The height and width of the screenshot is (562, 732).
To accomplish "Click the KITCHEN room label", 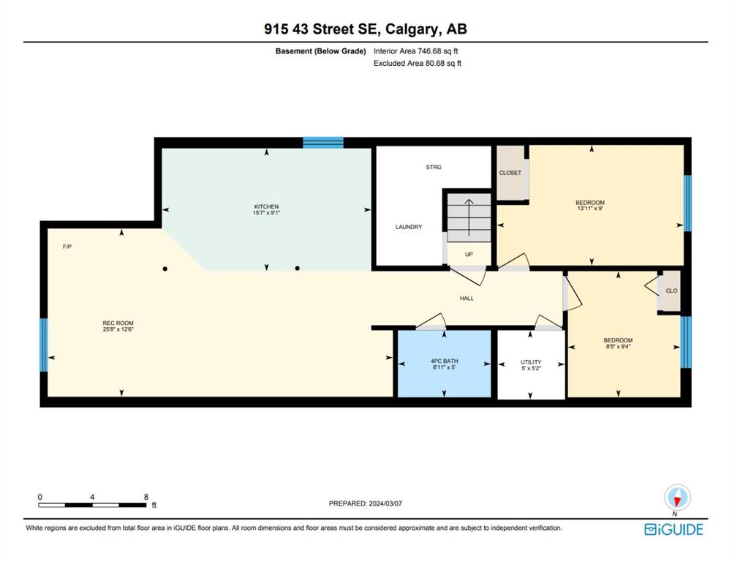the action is (x=267, y=206).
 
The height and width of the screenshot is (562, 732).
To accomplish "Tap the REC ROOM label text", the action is (x=118, y=323).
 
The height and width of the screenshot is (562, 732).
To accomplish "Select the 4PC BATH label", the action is (x=444, y=361).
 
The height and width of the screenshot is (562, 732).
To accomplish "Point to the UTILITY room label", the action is (x=531, y=362).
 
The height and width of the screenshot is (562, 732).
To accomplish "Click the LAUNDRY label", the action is (x=409, y=227).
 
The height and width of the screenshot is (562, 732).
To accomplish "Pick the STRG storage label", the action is (x=433, y=167).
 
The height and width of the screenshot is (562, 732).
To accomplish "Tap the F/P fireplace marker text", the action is (x=67, y=247).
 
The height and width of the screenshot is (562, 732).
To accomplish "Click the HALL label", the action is (x=467, y=298).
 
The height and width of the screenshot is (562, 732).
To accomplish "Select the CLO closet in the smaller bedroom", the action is (x=671, y=291).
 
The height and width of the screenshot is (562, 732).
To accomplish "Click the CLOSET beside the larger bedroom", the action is (x=510, y=173).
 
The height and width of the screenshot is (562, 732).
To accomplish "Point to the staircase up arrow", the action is (x=469, y=217).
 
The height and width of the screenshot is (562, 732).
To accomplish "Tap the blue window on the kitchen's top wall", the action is (x=323, y=143).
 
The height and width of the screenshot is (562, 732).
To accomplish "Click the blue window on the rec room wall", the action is (x=43, y=345).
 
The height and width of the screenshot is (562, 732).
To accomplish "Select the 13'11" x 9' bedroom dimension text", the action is (x=589, y=209).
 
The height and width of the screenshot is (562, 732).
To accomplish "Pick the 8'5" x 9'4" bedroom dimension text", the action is (x=618, y=346).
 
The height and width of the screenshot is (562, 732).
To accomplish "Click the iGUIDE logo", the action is (x=673, y=529).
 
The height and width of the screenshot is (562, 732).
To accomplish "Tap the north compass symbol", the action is (x=677, y=498).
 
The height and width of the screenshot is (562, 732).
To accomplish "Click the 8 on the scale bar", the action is (x=146, y=497).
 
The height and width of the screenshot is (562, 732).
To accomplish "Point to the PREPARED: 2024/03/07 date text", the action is (x=366, y=503).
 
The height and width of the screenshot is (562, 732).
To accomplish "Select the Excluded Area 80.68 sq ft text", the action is (x=418, y=63).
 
